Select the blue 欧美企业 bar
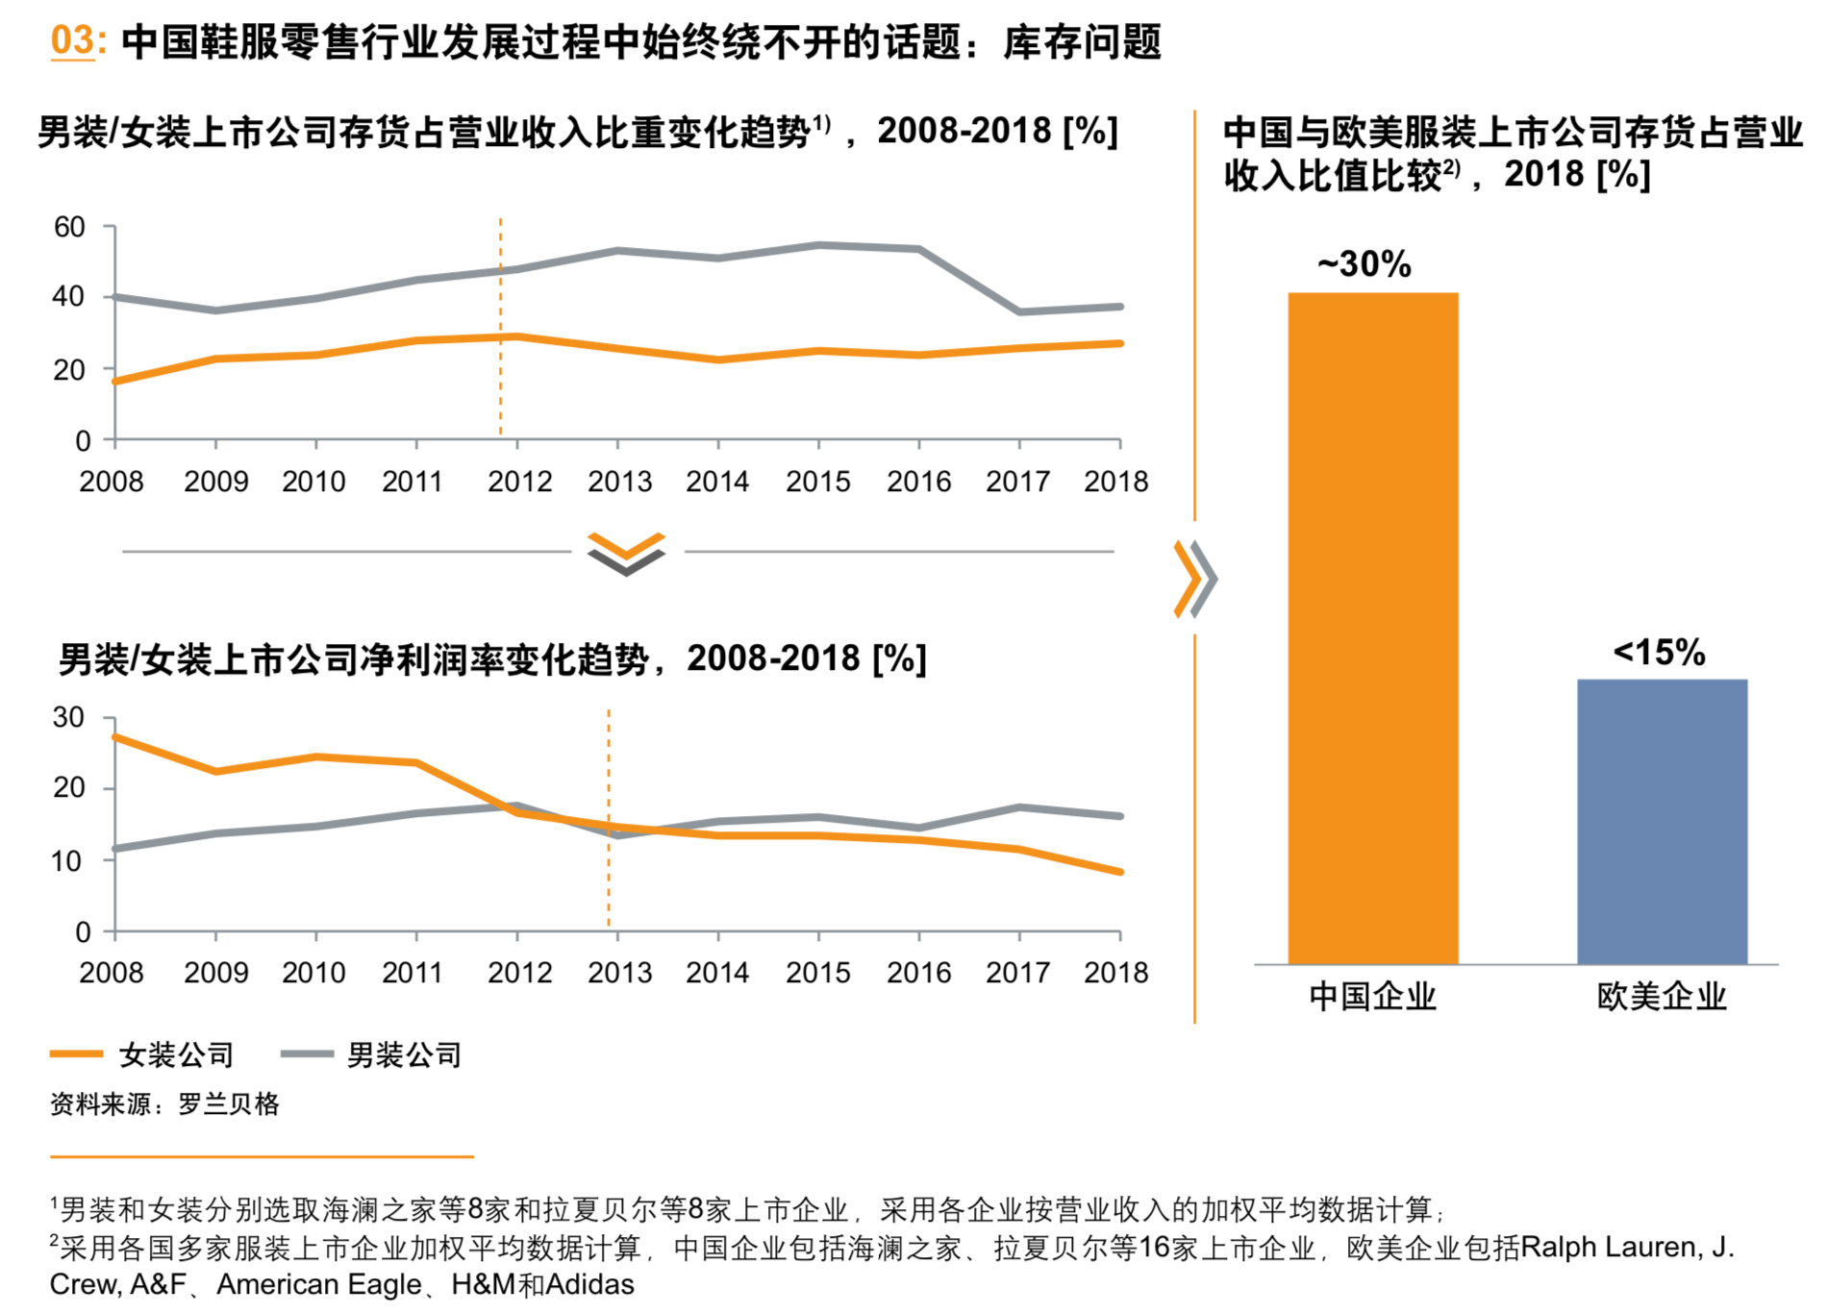tap(1662, 821)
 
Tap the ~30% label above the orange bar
tap(1364, 263)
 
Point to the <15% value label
tap(1659, 653)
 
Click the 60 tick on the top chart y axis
tap(69, 228)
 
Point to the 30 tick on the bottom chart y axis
tap(68, 717)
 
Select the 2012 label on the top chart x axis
tap(519, 481)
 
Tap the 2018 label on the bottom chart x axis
tap(1115, 972)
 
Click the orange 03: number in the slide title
tap(74, 40)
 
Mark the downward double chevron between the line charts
tap(626, 553)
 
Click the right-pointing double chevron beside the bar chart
tap(1195, 579)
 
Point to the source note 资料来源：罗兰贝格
tap(164, 1103)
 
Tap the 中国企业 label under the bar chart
tap(1372, 996)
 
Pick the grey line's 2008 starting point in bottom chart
tap(115, 849)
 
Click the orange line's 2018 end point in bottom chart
tap(1120, 872)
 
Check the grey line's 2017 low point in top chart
tap(1019, 311)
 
